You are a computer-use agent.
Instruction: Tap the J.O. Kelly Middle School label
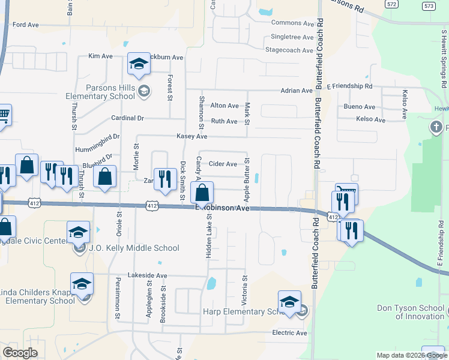(x=133, y=248)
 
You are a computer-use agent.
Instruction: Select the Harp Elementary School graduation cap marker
(x=289, y=302)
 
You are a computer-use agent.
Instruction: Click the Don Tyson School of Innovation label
(x=411, y=312)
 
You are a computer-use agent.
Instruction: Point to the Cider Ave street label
(x=223, y=164)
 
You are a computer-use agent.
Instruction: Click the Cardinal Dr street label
(x=128, y=118)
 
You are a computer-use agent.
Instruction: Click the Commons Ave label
(x=293, y=23)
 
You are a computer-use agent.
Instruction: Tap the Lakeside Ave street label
(x=148, y=275)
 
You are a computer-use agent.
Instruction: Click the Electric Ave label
(x=289, y=333)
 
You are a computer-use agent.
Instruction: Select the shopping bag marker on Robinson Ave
(x=202, y=193)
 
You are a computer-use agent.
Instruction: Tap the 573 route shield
(x=428, y=6)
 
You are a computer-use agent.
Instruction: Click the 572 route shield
(x=391, y=4)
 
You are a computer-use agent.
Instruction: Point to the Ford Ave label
(x=25, y=25)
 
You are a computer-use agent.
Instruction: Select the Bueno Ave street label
(x=360, y=107)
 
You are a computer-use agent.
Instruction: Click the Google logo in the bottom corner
(x=20, y=353)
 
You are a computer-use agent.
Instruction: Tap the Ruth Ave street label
(x=224, y=121)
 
